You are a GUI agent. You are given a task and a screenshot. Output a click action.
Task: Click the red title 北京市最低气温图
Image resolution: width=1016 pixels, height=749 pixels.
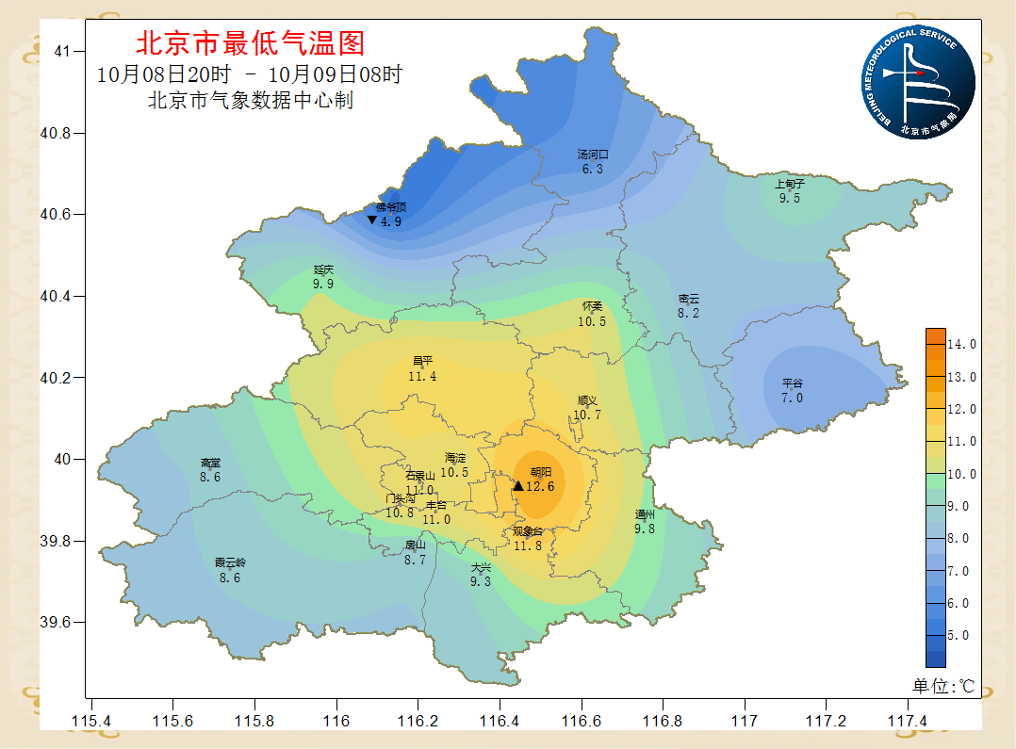click(250, 43)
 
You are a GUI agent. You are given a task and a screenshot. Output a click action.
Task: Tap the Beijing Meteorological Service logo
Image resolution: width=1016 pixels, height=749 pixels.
click(918, 83)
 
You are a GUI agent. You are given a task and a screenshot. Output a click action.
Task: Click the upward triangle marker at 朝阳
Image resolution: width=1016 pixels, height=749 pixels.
click(517, 486)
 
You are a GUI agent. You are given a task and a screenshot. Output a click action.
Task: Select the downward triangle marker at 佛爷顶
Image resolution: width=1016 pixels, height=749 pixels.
click(372, 220)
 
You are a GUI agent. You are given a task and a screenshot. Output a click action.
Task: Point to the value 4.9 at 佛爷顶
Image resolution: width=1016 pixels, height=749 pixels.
click(391, 221)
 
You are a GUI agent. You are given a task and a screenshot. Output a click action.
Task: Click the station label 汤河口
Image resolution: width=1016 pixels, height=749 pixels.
click(593, 155)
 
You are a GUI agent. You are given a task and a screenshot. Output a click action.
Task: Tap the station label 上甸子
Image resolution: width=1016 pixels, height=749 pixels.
click(790, 184)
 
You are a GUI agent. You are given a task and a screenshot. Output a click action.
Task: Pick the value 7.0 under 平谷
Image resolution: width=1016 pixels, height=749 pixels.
click(792, 398)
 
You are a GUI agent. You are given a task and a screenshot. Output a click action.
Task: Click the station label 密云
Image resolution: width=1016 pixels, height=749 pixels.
click(689, 299)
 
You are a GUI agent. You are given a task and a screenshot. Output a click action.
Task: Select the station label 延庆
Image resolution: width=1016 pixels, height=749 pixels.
click(323, 269)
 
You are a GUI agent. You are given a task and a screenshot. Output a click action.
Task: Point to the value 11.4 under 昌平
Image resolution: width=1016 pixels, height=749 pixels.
click(422, 376)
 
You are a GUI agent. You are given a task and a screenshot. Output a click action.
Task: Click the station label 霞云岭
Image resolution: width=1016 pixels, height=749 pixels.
click(230, 563)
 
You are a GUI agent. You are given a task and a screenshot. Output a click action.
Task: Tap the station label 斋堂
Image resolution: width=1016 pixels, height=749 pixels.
click(210, 464)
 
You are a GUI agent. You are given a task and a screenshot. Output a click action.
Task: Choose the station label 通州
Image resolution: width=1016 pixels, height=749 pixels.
click(645, 514)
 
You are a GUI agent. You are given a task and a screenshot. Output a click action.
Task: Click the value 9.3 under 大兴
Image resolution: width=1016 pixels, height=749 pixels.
click(481, 581)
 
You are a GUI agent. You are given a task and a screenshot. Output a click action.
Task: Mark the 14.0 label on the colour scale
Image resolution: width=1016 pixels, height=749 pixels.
click(961, 345)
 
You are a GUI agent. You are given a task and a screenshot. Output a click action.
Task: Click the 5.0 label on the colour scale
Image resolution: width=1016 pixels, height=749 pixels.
click(961, 636)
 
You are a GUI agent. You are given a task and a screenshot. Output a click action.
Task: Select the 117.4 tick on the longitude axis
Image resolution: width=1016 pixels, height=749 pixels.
click(909, 721)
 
